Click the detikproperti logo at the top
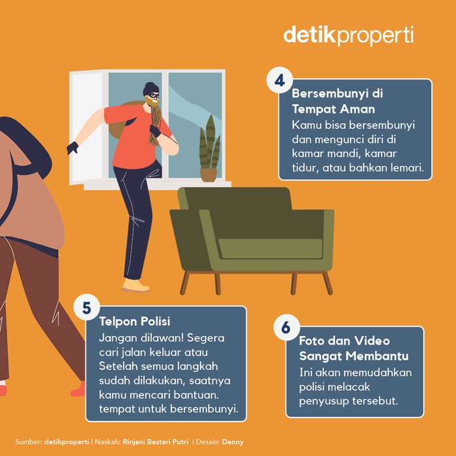(x=348, y=35)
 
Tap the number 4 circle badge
(x=279, y=81)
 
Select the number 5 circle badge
(x=87, y=307)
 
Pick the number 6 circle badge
(x=286, y=328)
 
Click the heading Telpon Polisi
(x=134, y=322)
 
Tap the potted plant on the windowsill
(x=209, y=150)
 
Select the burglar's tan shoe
(x=135, y=286)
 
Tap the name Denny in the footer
(x=232, y=442)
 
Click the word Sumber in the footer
(x=27, y=442)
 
